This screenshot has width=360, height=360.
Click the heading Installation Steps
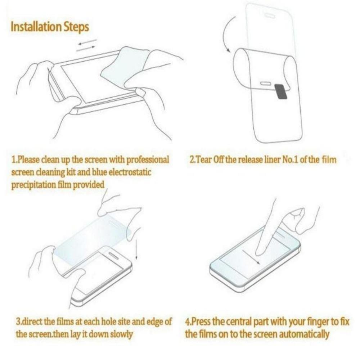tap(50, 27)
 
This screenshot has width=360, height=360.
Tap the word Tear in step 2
tap(204, 159)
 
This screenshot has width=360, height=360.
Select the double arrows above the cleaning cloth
tap(87, 44)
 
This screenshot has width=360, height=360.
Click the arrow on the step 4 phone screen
tap(252, 256)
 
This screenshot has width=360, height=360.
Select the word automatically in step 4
tap(305, 334)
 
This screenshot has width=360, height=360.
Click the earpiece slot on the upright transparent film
tap(270, 15)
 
